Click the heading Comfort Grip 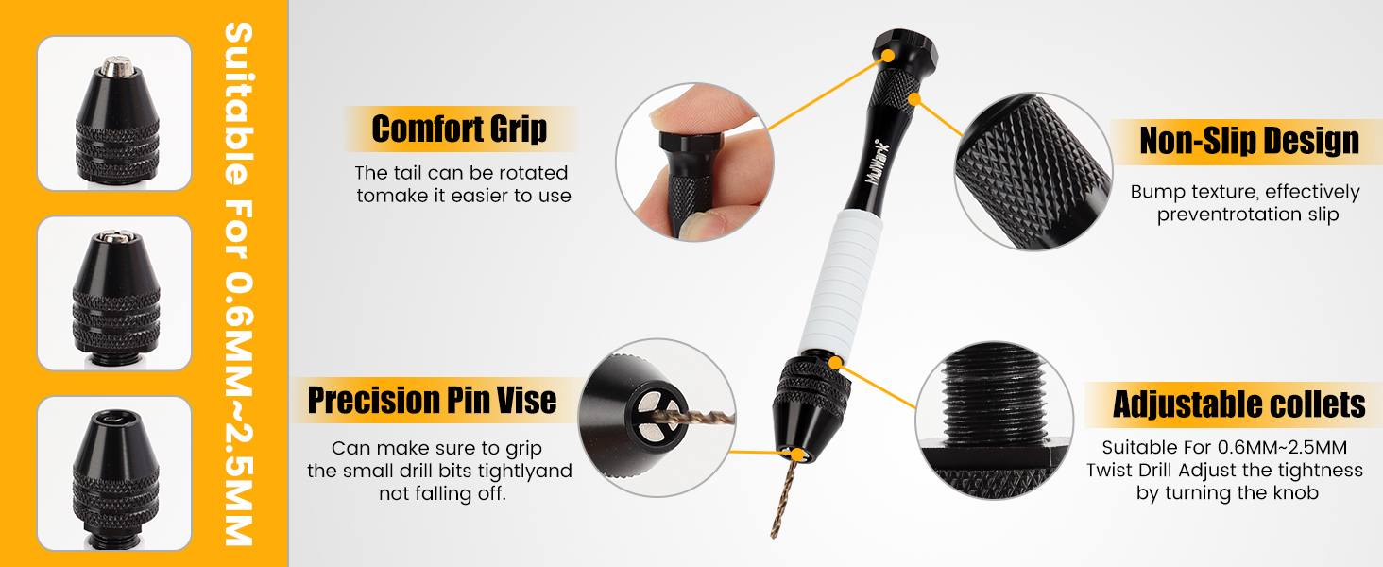459,129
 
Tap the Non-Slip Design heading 1249,141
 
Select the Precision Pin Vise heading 433,401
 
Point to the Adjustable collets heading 1238,405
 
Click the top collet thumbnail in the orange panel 114,113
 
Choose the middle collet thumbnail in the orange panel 114,293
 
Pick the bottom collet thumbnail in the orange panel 114,473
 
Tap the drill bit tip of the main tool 774,535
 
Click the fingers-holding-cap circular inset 694,162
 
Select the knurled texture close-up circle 1033,172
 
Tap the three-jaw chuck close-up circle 657,418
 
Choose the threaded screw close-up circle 994,421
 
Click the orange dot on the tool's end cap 888,56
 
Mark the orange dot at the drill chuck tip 798,455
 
